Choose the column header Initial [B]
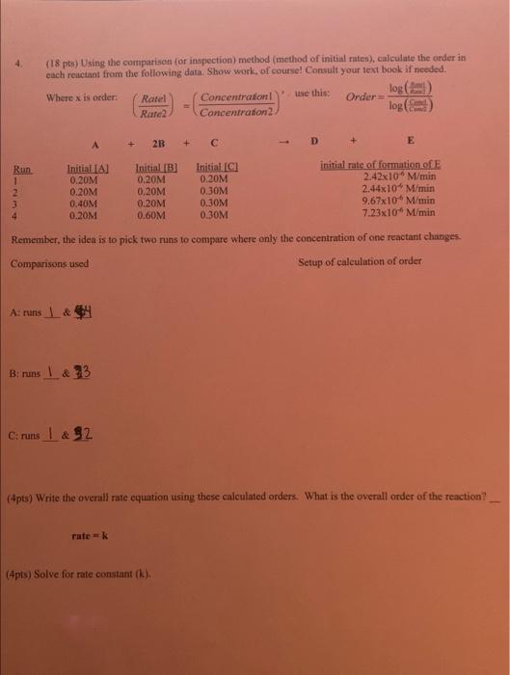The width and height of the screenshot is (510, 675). [x=154, y=168]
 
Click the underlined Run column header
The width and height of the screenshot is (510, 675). [x=20, y=168]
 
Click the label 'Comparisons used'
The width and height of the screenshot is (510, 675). [x=49, y=262]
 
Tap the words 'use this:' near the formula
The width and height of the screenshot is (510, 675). [x=311, y=93]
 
